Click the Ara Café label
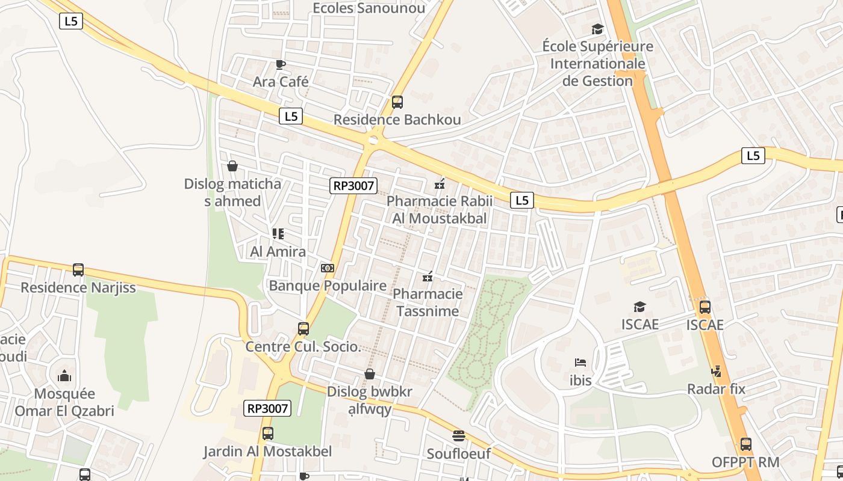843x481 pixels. click(x=281, y=81)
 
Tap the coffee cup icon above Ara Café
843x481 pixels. click(x=280, y=64)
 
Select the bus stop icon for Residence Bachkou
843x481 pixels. click(x=397, y=102)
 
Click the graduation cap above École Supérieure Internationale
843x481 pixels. click(x=597, y=29)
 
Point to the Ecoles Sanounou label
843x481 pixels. click(x=369, y=8)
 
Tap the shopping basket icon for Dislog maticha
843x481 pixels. click(x=232, y=165)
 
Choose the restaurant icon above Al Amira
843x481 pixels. click(x=278, y=233)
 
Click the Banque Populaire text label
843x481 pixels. click(x=328, y=286)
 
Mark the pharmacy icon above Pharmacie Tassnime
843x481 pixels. click(x=428, y=277)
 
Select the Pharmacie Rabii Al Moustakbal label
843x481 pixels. click(x=440, y=210)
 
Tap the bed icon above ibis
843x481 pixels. click(x=580, y=363)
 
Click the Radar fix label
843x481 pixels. click(x=717, y=389)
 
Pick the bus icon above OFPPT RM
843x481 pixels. click(x=745, y=444)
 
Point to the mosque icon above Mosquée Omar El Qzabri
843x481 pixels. click(x=64, y=376)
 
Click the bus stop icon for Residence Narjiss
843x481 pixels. click(x=78, y=270)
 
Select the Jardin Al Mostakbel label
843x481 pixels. click(x=267, y=452)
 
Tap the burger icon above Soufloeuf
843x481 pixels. click(x=459, y=435)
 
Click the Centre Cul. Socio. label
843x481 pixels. click(x=303, y=346)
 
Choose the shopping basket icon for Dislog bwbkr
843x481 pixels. click(x=370, y=374)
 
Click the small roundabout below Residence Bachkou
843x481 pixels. click(x=373, y=141)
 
